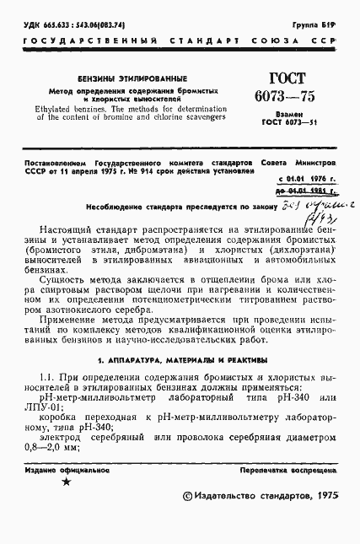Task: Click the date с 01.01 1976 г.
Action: (306, 179)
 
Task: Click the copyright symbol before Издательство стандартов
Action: (186, 498)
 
